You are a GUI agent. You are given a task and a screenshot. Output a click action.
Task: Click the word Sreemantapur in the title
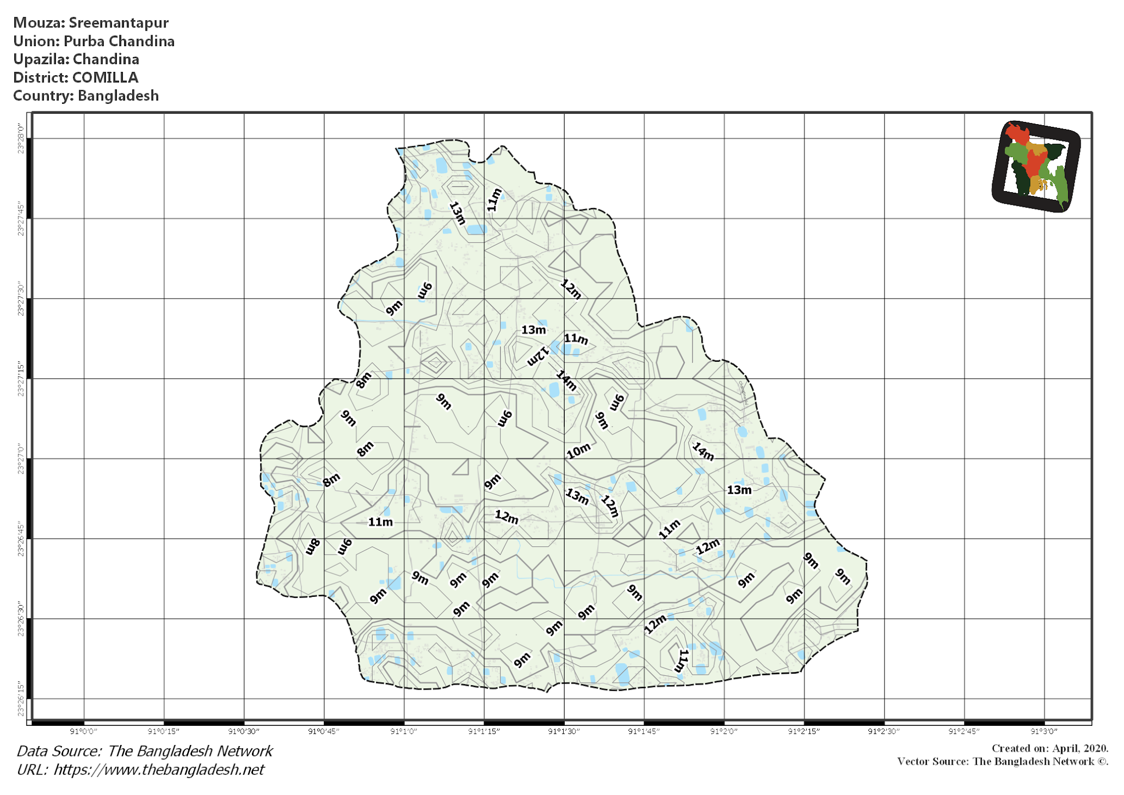pyautogui.click(x=119, y=23)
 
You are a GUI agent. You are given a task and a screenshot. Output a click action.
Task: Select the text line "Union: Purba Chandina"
pyautogui.click(x=94, y=41)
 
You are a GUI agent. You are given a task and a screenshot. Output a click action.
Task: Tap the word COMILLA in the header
pyautogui.click(x=105, y=77)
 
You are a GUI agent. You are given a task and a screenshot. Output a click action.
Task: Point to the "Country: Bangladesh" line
pyautogui.click(x=86, y=96)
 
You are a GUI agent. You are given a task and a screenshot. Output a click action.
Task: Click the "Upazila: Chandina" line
pyautogui.click(x=76, y=59)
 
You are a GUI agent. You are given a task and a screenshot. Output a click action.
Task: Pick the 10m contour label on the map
pyautogui.click(x=578, y=451)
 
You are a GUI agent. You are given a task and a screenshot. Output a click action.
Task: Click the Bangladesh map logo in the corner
pyautogui.click(x=1036, y=166)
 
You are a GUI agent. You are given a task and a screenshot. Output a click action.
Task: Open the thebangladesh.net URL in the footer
pyautogui.click(x=159, y=770)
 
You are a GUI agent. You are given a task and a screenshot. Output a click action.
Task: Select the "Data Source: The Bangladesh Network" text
pyautogui.click(x=144, y=751)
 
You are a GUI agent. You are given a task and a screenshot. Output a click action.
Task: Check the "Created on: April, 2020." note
pyautogui.click(x=1049, y=748)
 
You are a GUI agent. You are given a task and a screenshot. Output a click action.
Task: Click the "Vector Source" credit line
pyautogui.click(x=1002, y=762)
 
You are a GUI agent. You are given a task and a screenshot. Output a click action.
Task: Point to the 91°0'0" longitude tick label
pyautogui.click(x=84, y=731)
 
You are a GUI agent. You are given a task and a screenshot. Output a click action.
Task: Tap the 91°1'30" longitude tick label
pyautogui.click(x=564, y=731)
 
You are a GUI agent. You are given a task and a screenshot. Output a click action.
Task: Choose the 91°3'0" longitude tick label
pyautogui.click(x=1044, y=731)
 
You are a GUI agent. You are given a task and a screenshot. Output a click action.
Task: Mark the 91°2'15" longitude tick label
pyautogui.click(x=803, y=731)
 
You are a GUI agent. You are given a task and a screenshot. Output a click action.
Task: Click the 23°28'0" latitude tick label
pyautogui.click(x=21, y=138)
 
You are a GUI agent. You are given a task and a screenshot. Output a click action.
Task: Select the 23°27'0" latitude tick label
pyautogui.click(x=21, y=458)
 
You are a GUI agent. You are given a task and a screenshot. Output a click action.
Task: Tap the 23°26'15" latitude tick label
pyautogui.click(x=21, y=698)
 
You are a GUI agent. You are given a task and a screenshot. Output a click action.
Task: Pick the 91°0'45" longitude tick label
pyautogui.click(x=324, y=731)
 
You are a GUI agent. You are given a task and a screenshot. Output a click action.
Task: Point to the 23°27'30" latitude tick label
pyautogui.click(x=21, y=299)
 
